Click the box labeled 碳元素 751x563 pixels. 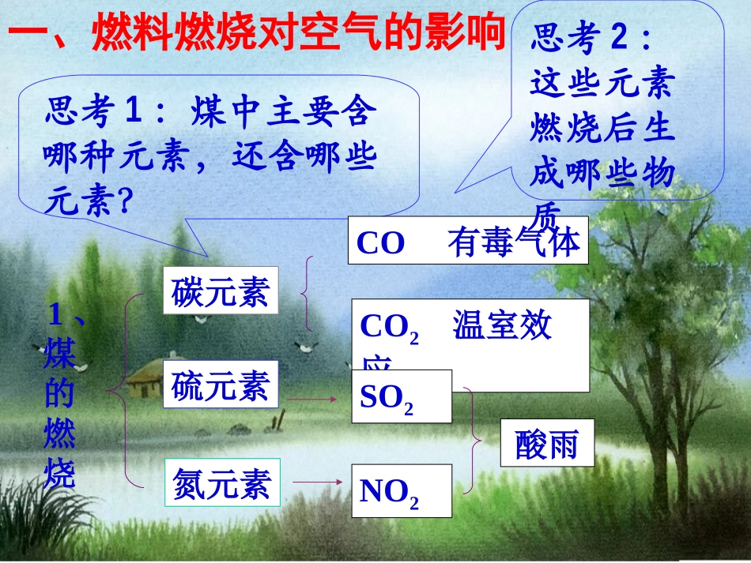[221, 291]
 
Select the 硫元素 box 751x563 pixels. [221, 386]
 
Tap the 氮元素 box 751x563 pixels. [221, 482]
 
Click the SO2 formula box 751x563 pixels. [402, 396]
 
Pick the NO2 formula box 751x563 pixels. [402, 491]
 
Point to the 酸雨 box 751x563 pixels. [546, 443]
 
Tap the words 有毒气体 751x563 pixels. [514, 242]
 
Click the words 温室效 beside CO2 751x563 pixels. [502, 326]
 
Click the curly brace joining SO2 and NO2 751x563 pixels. [474, 439]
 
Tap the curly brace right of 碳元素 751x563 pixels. [308, 293]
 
